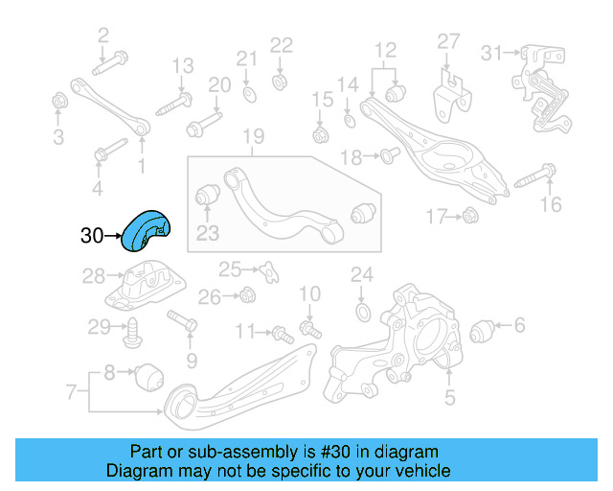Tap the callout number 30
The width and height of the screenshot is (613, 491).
pos(92,235)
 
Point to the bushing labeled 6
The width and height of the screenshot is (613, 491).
pos(485,332)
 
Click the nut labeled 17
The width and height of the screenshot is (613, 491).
pos(469,218)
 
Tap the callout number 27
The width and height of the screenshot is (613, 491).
pos(449,40)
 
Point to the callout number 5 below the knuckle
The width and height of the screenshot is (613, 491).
pos(450,395)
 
